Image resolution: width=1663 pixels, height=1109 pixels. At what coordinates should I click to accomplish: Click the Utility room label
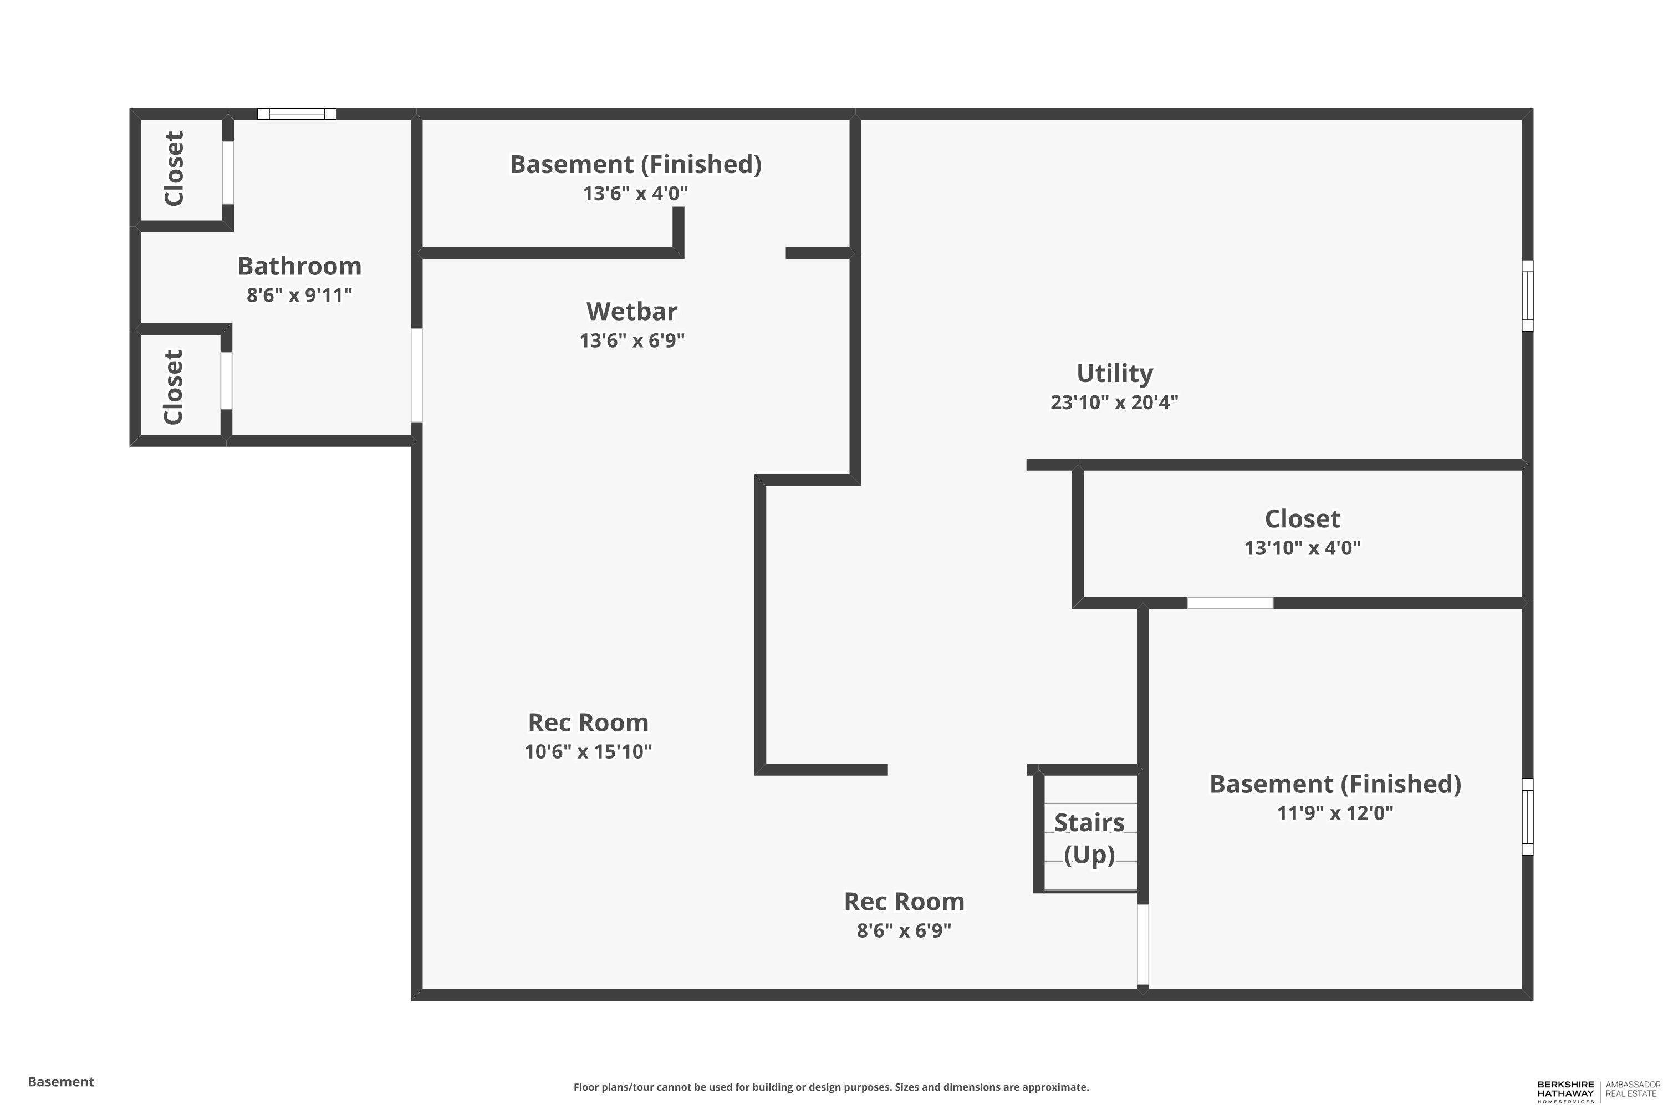click(1114, 373)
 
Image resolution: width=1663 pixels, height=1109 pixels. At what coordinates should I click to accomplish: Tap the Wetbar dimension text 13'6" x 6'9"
click(631, 341)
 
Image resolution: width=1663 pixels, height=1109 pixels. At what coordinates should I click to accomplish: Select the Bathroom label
click(299, 267)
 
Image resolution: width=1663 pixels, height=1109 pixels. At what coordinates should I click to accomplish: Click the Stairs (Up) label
click(1089, 838)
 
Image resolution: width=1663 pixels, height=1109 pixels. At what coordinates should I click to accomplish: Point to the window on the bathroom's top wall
click(296, 114)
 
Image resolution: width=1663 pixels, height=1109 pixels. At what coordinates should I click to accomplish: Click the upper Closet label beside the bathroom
click(174, 169)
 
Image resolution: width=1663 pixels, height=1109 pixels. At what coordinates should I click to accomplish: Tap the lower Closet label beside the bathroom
click(173, 387)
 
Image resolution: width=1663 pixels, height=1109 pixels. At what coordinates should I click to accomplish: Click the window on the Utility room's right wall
click(1527, 295)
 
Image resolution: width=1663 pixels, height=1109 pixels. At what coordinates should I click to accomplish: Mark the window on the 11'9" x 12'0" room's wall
click(1527, 816)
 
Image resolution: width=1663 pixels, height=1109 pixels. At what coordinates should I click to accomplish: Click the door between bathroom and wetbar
click(416, 375)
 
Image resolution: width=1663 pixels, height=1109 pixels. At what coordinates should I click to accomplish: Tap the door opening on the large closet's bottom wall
click(1230, 603)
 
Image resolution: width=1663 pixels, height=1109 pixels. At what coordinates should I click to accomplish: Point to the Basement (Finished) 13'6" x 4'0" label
click(635, 165)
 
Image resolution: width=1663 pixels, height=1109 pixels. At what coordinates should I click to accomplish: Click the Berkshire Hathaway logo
click(1565, 1090)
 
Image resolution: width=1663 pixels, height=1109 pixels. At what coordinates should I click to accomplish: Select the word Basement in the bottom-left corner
click(61, 1081)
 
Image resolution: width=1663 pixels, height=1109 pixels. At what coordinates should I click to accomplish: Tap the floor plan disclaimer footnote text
click(831, 1087)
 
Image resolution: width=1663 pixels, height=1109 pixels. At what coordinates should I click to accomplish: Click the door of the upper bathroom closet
click(228, 172)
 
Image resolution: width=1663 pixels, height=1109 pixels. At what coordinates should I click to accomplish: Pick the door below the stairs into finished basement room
click(1142, 944)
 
